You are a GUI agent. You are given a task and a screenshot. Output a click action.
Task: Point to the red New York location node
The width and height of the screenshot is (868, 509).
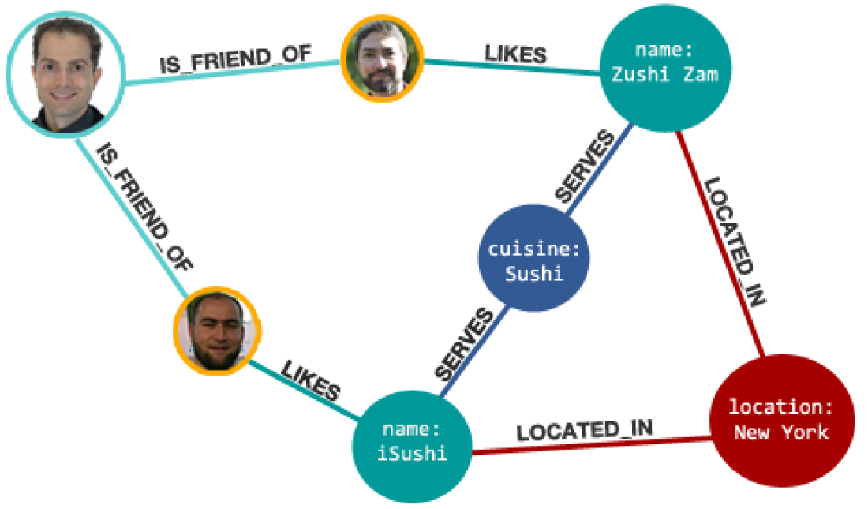pos(781,419)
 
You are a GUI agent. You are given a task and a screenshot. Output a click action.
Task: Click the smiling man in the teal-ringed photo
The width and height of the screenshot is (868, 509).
pos(65,75)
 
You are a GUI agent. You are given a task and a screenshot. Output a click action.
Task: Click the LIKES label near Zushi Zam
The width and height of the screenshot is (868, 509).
pos(515,53)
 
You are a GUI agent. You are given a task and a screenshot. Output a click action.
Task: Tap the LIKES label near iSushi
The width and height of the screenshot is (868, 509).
pos(311,380)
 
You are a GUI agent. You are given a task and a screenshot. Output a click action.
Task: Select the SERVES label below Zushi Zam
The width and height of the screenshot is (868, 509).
pos(585,168)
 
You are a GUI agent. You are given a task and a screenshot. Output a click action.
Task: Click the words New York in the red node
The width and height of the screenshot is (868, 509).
pos(781,432)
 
